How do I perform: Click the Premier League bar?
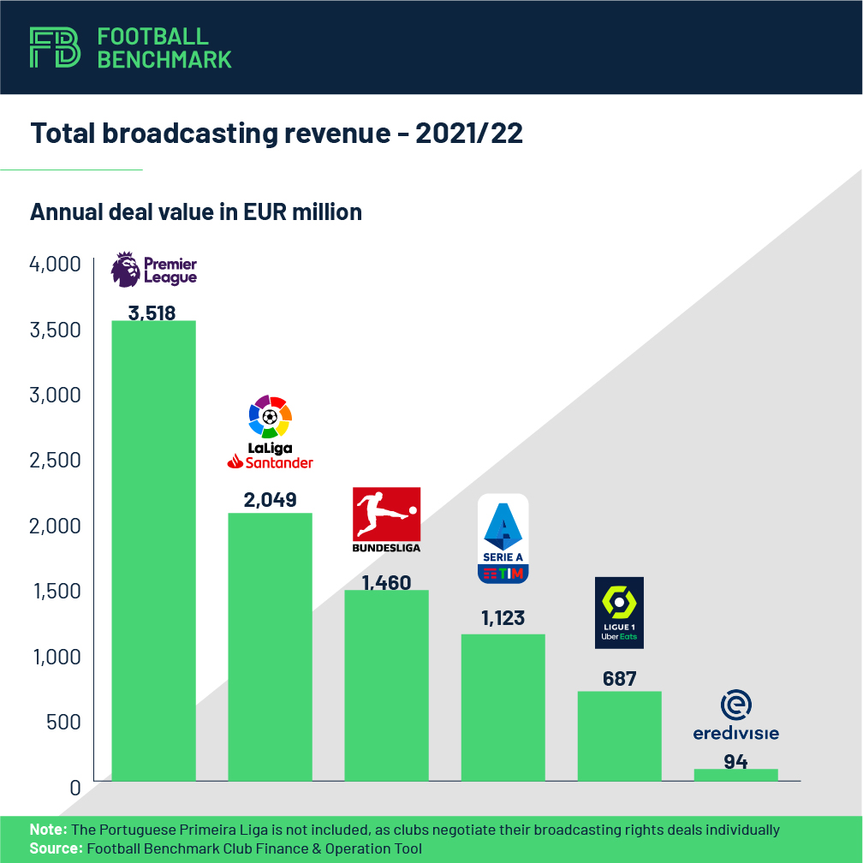[x=154, y=551]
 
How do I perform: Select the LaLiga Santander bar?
[x=270, y=646]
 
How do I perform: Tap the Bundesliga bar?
[x=386, y=685]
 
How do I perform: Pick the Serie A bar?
[x=503, y=707]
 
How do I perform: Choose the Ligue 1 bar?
[x=619, y=735]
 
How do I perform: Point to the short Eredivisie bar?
[x=735, y=775]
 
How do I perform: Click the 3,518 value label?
[x=152, y=312]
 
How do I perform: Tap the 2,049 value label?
[x=270, y=500]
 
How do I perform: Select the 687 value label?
[x=619, y=679]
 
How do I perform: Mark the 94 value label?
[x=735, y=761]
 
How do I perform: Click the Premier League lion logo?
[x=126, y=269]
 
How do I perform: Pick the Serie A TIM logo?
[x=503, y=539]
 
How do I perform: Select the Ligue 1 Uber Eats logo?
[x=619, y=612]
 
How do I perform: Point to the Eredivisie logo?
[x=736, y=717]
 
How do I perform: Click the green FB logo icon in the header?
[x=55, y=47]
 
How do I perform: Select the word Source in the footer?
[x=55, y=848]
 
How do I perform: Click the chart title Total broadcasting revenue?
[x=276, y=134]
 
